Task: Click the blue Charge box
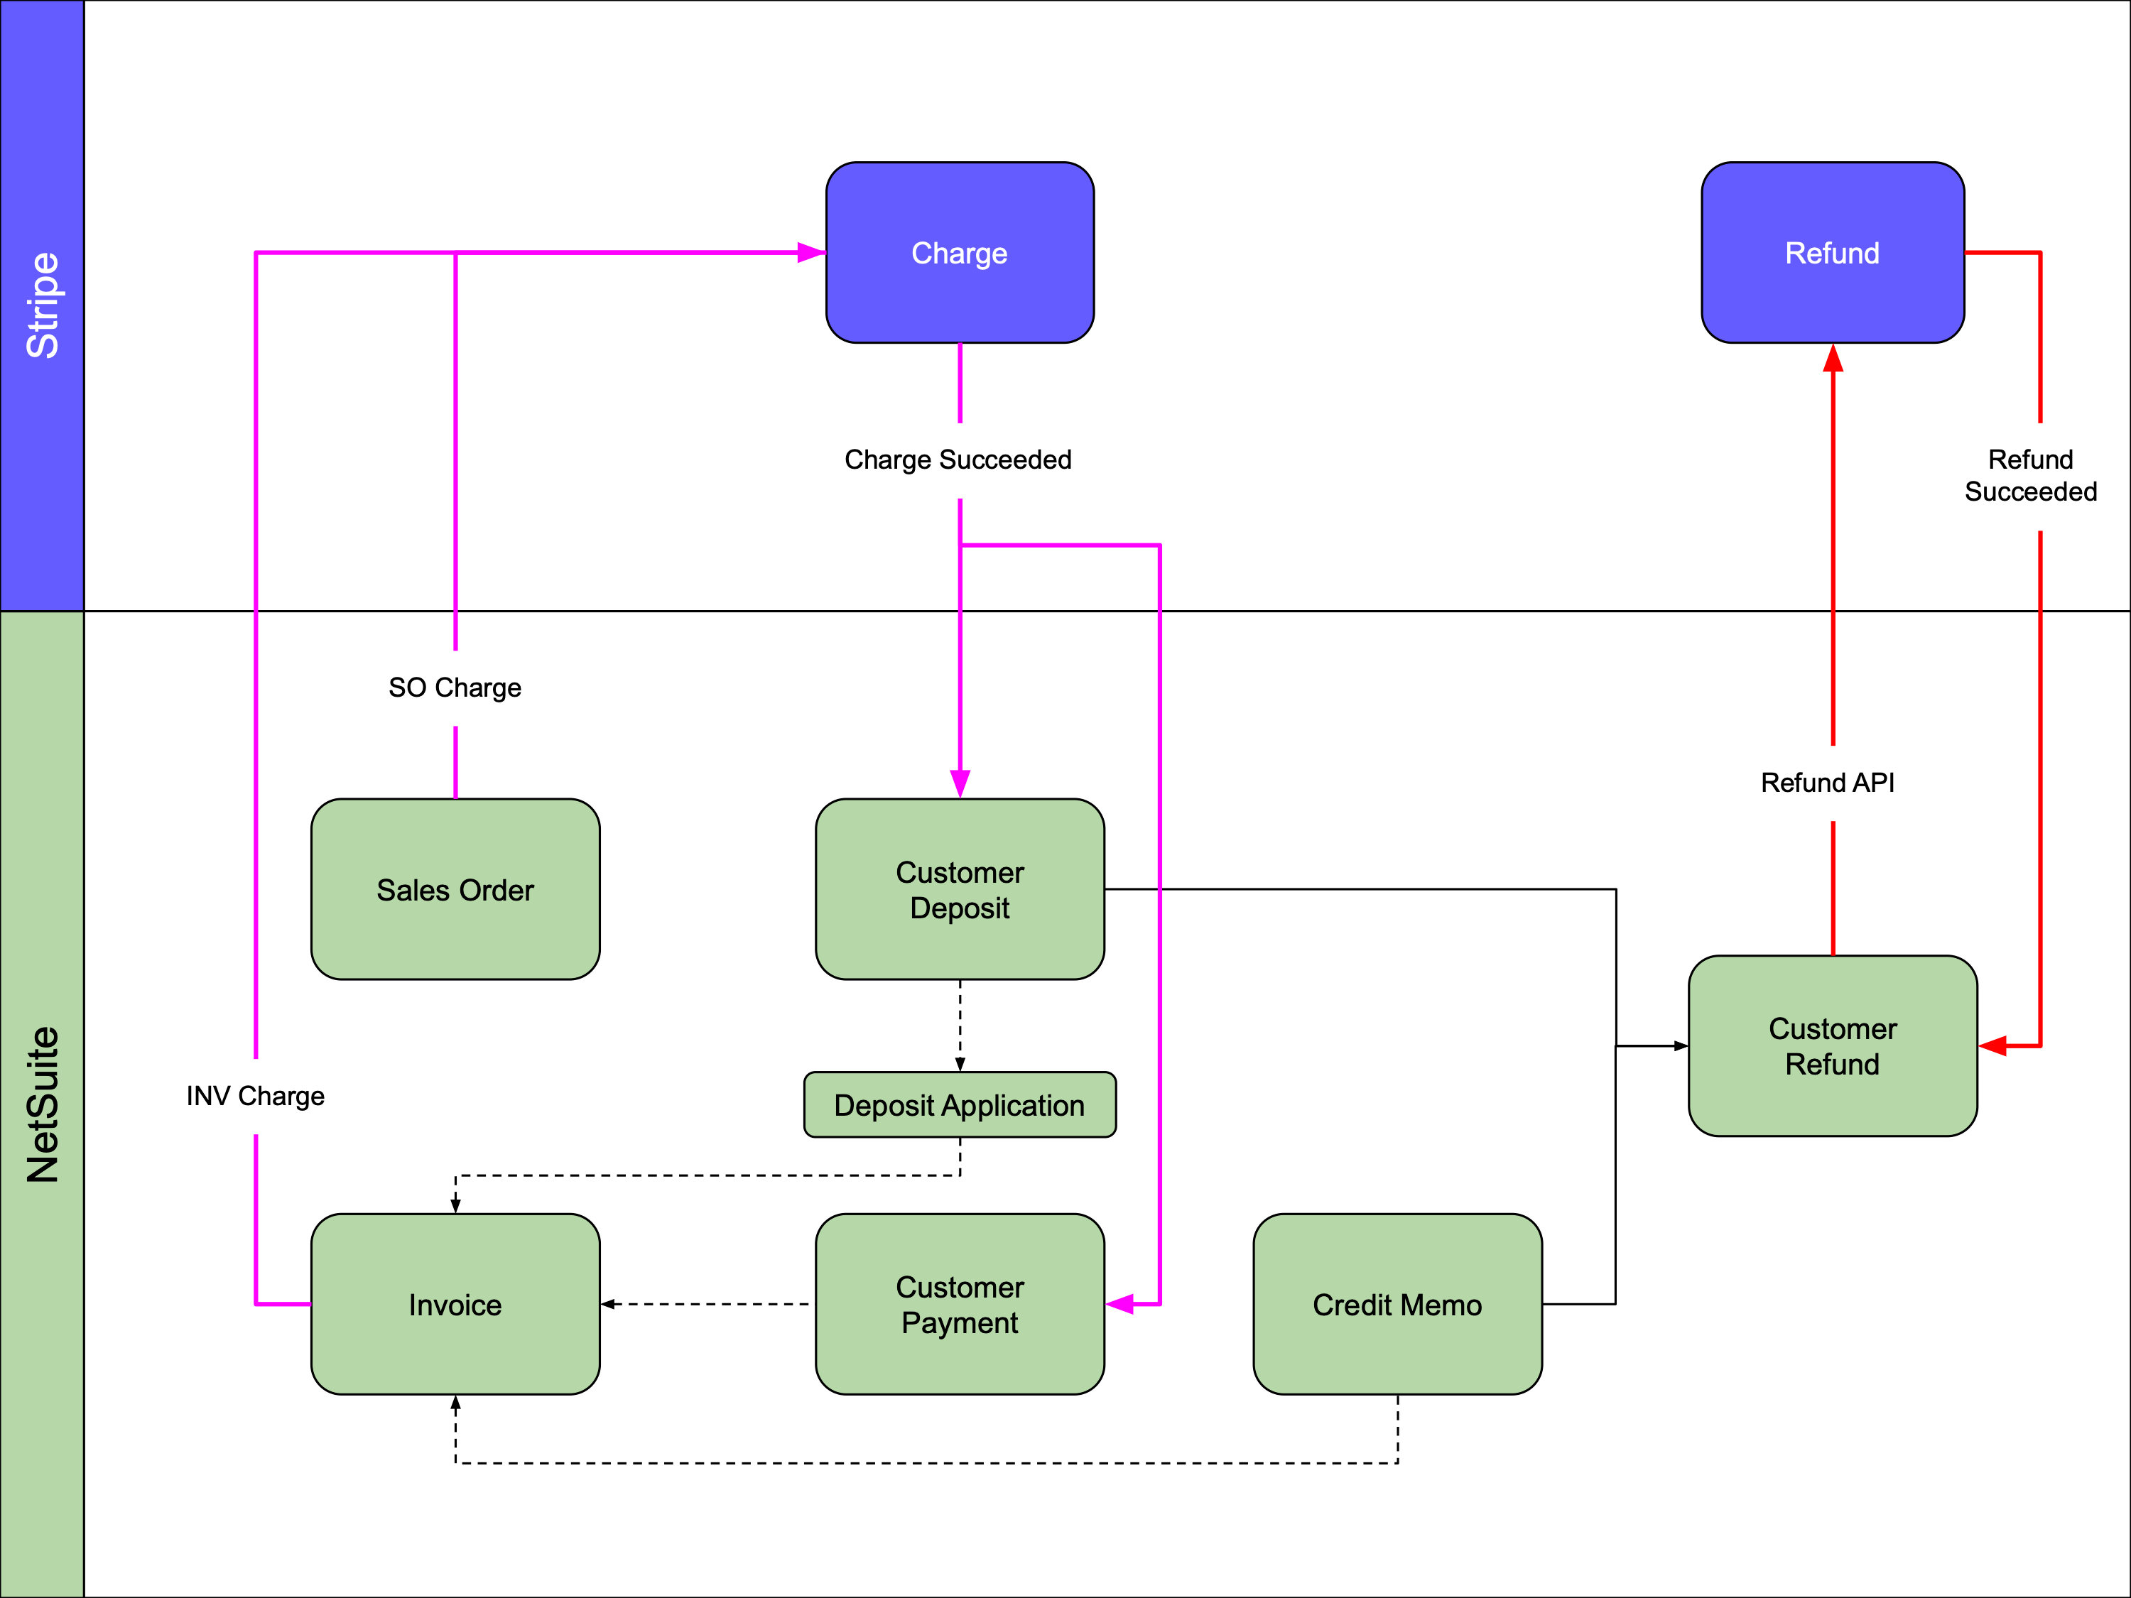tap(960, 252)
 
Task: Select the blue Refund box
tap(1833, 252)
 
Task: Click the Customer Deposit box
tap(960, 889)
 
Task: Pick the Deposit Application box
tap(960, 1105)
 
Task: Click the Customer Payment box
tap(960, 1304)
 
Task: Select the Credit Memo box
tap(1397, 1304)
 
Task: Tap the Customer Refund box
tap(1833, 1045)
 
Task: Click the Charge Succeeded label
tap(958, 460)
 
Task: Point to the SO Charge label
tap(455, 687)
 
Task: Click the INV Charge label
tap(255, 1095)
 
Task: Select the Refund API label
tap(1828, 782)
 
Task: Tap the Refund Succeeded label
tap(2031, 475)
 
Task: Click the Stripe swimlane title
tap(43, 305)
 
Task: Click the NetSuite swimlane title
tap(43, 1104)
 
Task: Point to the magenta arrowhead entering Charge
tap(811, 252)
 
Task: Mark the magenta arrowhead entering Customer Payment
tap(1120, 1304)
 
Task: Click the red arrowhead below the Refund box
tap(1833, 359)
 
